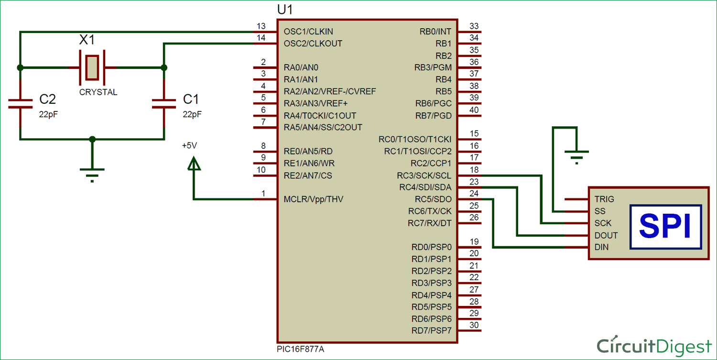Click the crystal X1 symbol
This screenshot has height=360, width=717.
click(92, 67)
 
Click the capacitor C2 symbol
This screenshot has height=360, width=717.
click(20, 104)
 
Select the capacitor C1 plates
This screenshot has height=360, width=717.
click(163, 104)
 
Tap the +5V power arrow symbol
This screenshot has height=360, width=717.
click(194, 164)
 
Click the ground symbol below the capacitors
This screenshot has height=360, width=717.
click(92, 174)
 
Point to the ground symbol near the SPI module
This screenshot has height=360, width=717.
click(577, 156)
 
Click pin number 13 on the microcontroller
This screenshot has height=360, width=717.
click(261, 26)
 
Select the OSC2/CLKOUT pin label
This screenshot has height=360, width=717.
click(313, 44)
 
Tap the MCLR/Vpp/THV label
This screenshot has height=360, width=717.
click(313, 199)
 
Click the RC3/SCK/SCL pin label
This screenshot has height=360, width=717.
click(421, 175)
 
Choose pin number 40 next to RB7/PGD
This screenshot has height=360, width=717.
click(474, 110)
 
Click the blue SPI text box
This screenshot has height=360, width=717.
click(665, 227)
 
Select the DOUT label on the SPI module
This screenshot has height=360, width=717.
click(606, 235)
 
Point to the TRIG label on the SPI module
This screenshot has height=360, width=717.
click(604, 199)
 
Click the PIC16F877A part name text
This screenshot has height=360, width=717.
click(300, 349)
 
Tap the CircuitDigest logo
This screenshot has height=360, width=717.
click(654, 346)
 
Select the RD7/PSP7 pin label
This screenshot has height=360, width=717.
click(431, 330)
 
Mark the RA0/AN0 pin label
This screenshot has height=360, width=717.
click(301, 67)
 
